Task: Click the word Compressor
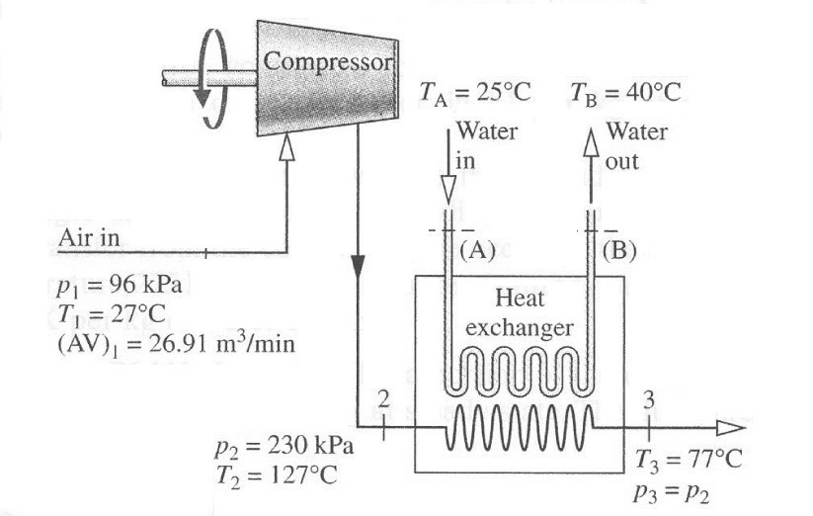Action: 328,61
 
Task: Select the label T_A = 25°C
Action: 475,94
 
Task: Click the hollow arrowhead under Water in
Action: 447,188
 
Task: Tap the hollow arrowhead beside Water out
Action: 591,141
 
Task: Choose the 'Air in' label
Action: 89,238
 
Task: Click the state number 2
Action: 384,397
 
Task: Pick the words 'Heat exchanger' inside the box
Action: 520,312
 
